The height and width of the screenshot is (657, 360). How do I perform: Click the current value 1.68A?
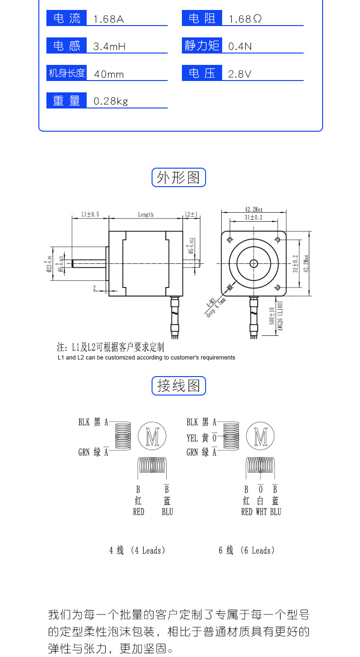tap(108, 19)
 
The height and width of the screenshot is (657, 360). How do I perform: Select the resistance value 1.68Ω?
tap(245, 19)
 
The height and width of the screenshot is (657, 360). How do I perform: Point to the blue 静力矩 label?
tap(202, 46)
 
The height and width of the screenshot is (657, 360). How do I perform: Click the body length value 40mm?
tap(109, 74)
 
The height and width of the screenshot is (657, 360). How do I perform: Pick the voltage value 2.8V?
tap(240, 74)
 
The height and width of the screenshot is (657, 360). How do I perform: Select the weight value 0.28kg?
tap(111, 101)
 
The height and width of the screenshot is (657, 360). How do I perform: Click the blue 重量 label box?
tap(66, 101)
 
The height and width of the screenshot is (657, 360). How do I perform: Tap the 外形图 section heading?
tap(179, 178)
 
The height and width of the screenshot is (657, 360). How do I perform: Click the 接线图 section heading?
tap(179, 386)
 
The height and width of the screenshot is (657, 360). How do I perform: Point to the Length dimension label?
tap(146, 215)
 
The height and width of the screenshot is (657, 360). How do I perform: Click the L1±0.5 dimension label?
tap(90, 215)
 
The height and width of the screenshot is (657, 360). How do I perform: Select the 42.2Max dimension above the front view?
tap(254, 209)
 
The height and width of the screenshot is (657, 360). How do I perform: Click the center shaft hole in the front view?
tap(253, 263)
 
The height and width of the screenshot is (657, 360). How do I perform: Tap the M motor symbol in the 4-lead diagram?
tap(152, 436)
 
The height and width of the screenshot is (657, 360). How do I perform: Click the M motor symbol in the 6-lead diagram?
tap(261, 436)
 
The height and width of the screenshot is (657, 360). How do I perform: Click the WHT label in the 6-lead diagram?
tap(261, 512)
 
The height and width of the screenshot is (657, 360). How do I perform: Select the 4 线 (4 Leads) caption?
tap(137, 550)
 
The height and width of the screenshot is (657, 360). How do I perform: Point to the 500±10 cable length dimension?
tap(272, 317)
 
